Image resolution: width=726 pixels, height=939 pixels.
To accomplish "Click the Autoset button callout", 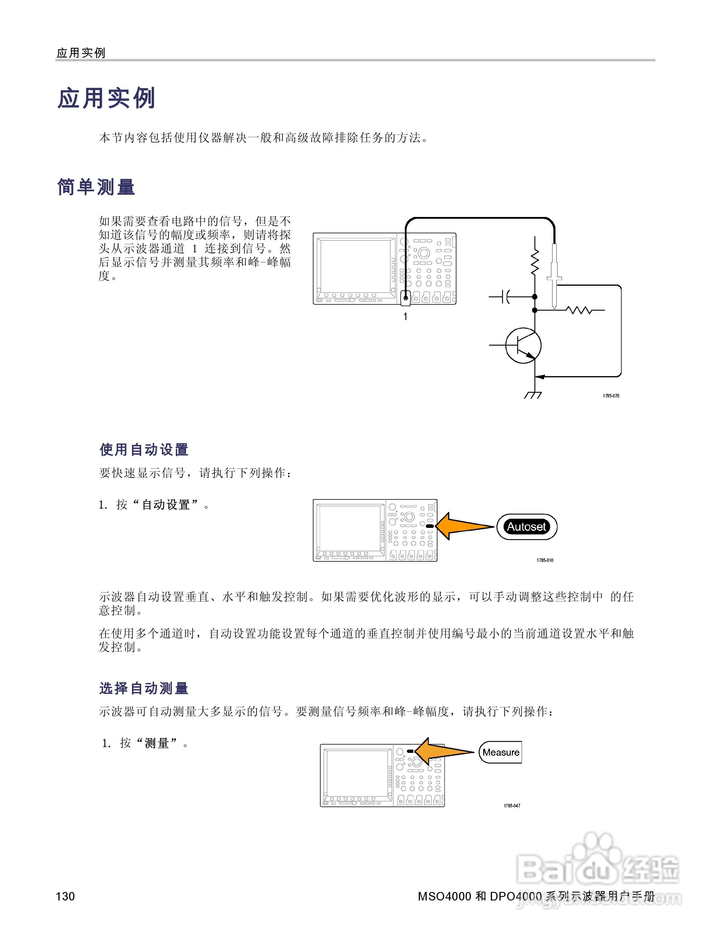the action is click(x=526, y=527).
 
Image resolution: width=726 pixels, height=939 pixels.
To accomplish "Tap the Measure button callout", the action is click(x=500, y=752).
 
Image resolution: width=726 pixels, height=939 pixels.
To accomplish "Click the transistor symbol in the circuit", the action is click(x=523, y=345).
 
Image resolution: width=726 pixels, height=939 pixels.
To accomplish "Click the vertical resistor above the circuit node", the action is click(x=535, y=262).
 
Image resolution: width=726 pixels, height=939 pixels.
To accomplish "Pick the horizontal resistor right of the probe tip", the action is click(x=579, y=309).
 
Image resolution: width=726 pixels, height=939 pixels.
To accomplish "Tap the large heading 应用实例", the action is click(x=106, y=98).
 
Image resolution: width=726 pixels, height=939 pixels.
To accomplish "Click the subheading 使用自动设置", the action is click(x=144, y=450).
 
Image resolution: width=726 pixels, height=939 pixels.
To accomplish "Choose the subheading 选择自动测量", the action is click(x=144, y=688).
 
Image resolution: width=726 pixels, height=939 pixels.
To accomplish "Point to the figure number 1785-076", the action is click(x=611, y=396).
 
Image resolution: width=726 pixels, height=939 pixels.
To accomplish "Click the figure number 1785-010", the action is click(x=545, y=560).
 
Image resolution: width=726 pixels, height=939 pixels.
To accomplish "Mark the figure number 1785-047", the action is click(x=512, y=806).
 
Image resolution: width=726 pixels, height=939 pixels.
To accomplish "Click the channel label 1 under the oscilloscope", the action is click(x=405, y=317).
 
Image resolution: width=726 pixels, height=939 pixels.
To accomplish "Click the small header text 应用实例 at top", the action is click(x=81, y=53).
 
